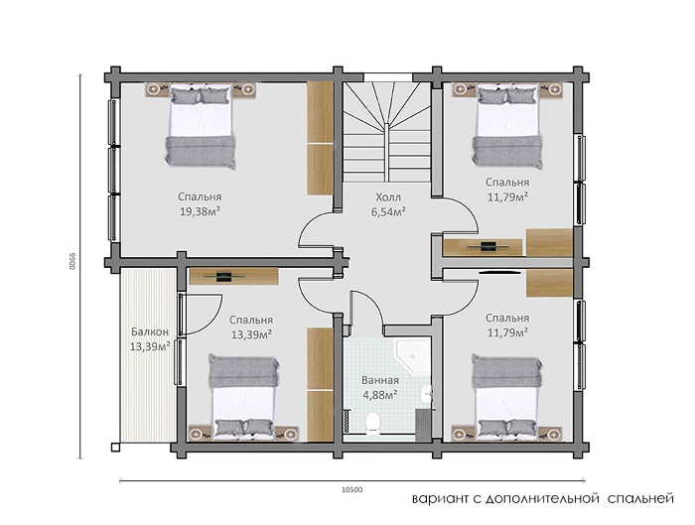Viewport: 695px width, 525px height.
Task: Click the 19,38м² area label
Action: pyautogui.click(x=200, y=211)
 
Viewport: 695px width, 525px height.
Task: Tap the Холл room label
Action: pyautogui.click(x=388, y=197)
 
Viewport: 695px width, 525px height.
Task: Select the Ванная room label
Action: pyautogui.click(x=380, y=380)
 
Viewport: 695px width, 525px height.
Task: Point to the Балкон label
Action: pyautogui.click(x=150, y=331)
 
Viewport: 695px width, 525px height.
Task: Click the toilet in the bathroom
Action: pyautogui.click(x=373, y=423)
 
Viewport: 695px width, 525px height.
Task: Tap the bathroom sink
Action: pyautogui.click(x=426, y=393)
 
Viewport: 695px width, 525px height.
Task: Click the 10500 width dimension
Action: pyautogui.click(x=351, y=490)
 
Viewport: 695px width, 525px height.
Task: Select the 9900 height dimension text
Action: pyautogui.click(x=72, y=261)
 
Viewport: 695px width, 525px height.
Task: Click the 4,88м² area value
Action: pyautogui.click(x=380, y=395)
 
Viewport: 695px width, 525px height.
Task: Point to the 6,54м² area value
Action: pyautogui.click(x=388, y=211)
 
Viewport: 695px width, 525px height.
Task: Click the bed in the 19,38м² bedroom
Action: pyautogui.click(x=201, y=127)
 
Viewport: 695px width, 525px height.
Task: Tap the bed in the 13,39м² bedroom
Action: pyautogui.click(x=244, y=397)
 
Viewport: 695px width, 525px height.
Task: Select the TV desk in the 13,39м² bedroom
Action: pyautogui.click(x=233, y=277)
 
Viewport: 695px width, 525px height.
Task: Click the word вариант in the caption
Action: pyautogui.click(x=440, y=499)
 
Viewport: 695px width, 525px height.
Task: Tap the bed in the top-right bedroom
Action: pyautogui.click(x=507, y=127)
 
